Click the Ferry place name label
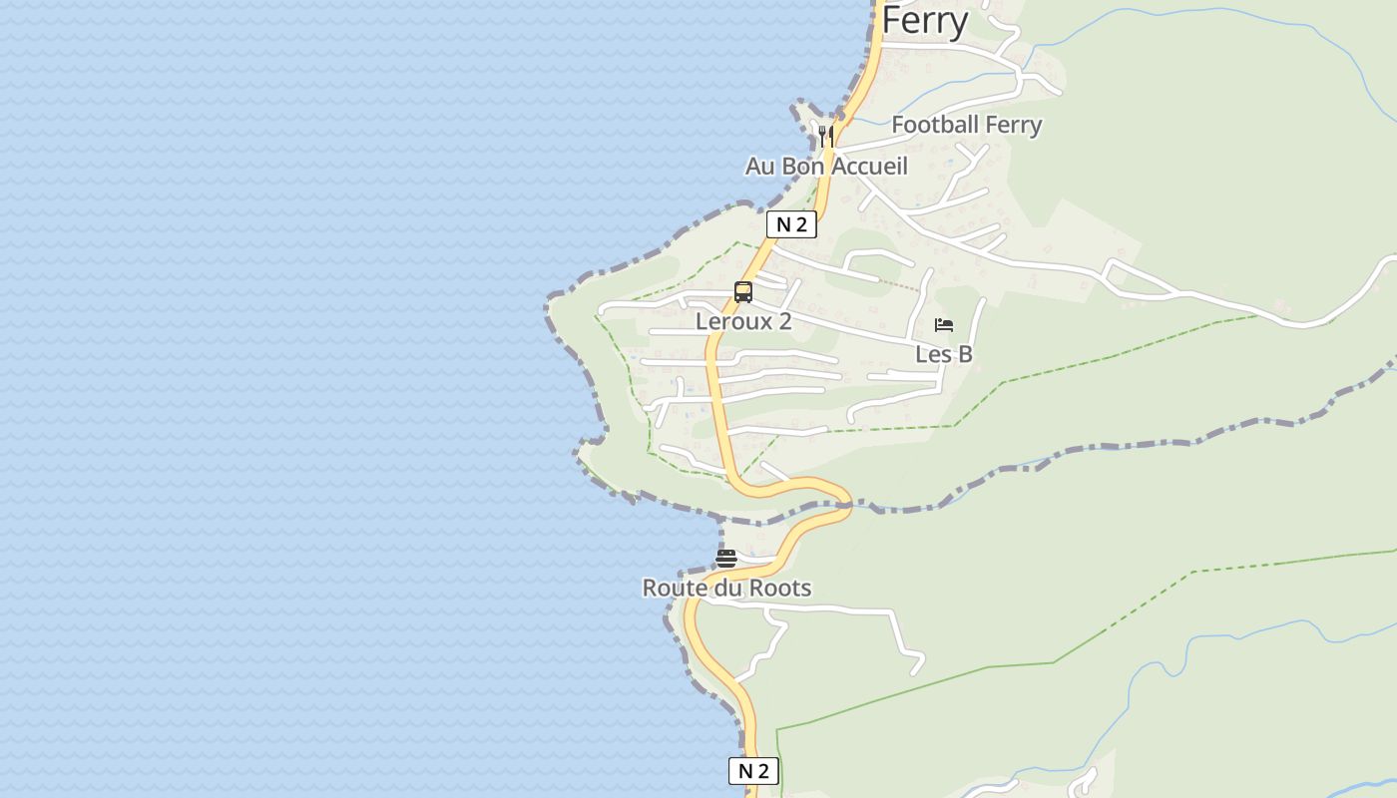coord(924,20)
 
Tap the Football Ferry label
coord(966,125)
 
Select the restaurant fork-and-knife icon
coord(826,135)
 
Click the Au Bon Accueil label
coord(826,166)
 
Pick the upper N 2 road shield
coord(791,224)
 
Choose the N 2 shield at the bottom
coord(753,771)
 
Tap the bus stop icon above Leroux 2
coord(743,292)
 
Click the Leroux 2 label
coord(743,321)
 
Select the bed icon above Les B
coord(944,325)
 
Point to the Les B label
coord(944,354)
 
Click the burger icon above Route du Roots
coord(726,559)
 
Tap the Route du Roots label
coord(726,588)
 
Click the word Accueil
coord(869,166)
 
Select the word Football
coord(933,125)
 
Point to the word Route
coord(675,588)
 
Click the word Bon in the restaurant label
coord(803,166)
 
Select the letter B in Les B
coord(965,354)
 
